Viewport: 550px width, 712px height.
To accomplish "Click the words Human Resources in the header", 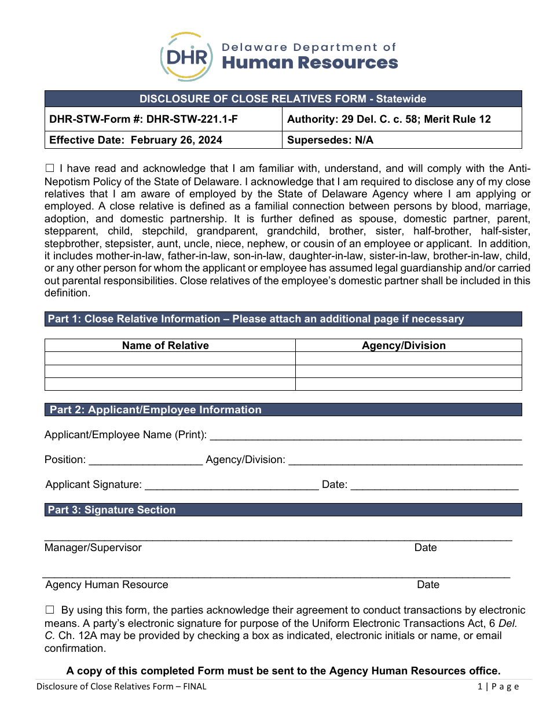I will coord(310,63).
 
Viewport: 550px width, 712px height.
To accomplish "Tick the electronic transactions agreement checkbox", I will coord(50,610).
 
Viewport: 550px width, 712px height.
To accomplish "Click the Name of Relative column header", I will coord(165,346).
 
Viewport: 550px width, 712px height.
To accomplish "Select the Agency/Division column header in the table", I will coord(404,346).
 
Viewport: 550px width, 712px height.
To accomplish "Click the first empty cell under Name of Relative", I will coord(170,359).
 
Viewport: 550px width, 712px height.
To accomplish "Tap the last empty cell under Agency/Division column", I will coord(408,384).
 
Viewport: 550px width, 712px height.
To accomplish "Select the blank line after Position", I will coord(146,461).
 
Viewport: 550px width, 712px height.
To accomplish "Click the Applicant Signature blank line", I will coord(231,486).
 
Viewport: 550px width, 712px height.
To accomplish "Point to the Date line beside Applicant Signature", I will coord(434,486).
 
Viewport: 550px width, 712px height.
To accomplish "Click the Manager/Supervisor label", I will coord(93,548).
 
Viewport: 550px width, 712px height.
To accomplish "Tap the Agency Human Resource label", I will coord(107,585).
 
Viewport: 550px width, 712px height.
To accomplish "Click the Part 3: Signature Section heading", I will coord(112,510).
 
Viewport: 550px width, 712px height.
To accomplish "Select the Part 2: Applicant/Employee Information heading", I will coord(155,410).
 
